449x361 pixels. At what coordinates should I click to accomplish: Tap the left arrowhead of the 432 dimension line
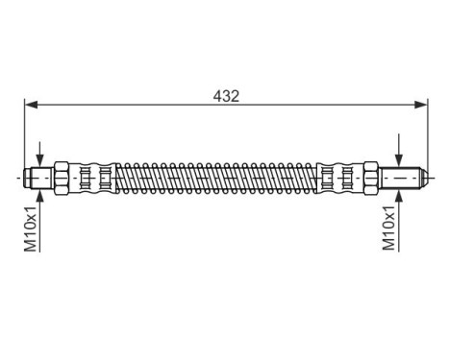point(30,105)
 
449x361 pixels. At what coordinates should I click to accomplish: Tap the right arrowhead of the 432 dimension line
point(420,105)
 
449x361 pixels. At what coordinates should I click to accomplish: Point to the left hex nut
point(62,178)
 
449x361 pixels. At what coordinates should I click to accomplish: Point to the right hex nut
point(369,178)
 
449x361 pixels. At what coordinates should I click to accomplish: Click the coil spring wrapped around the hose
point(216,178)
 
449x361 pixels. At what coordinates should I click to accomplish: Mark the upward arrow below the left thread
point(39,196)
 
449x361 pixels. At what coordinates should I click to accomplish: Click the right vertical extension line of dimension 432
point(426,134)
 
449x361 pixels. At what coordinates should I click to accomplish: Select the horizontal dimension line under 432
point(144,105)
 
